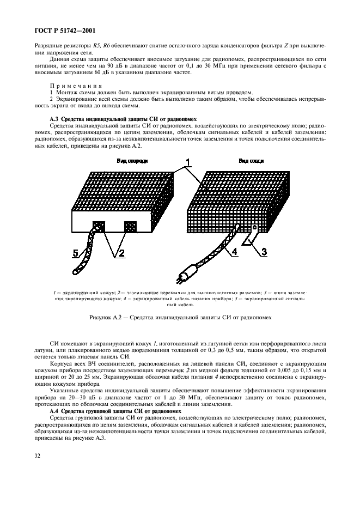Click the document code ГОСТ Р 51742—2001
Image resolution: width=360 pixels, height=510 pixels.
click(60, 31)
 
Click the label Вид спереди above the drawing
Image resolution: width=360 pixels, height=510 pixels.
click(132, 161)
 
